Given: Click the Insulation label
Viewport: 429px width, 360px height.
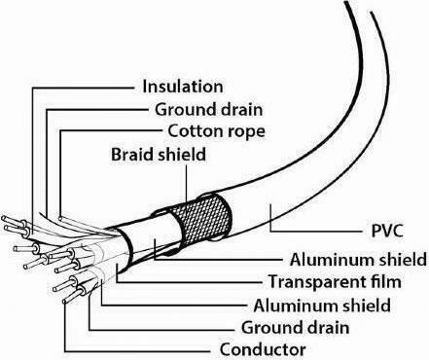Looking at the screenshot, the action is (x=183, y=87).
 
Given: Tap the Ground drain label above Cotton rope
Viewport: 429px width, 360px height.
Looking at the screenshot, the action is (x=208, y=109).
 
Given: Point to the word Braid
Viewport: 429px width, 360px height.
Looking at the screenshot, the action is (x=132, y=155).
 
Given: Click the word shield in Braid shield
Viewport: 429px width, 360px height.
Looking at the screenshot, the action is (x=182, y=155).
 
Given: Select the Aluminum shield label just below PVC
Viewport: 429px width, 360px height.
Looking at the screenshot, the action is (x=358, y=260).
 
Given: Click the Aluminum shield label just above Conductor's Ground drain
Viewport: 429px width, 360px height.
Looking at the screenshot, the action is (x=322, y=306).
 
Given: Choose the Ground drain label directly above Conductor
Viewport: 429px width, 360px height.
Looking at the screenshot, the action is (x=295, y=327).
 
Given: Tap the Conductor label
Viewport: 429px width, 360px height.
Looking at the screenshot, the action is (x=263, y=349).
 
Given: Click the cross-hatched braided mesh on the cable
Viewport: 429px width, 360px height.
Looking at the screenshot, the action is (x=201, y=221).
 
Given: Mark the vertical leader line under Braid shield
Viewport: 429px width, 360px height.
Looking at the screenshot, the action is (x=187, y=183).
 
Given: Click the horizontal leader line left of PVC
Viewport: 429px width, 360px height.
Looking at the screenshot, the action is (x=316, y=231).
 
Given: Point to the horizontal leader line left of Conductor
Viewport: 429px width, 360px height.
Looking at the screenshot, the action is (x=137, y=351).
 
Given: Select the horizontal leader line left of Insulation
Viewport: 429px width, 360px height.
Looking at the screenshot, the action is (x=83, y=88).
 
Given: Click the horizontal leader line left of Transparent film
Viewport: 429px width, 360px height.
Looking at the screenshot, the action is (x=189, y=282).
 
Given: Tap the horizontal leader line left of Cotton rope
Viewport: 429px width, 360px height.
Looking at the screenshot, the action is (x=111, y=131).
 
